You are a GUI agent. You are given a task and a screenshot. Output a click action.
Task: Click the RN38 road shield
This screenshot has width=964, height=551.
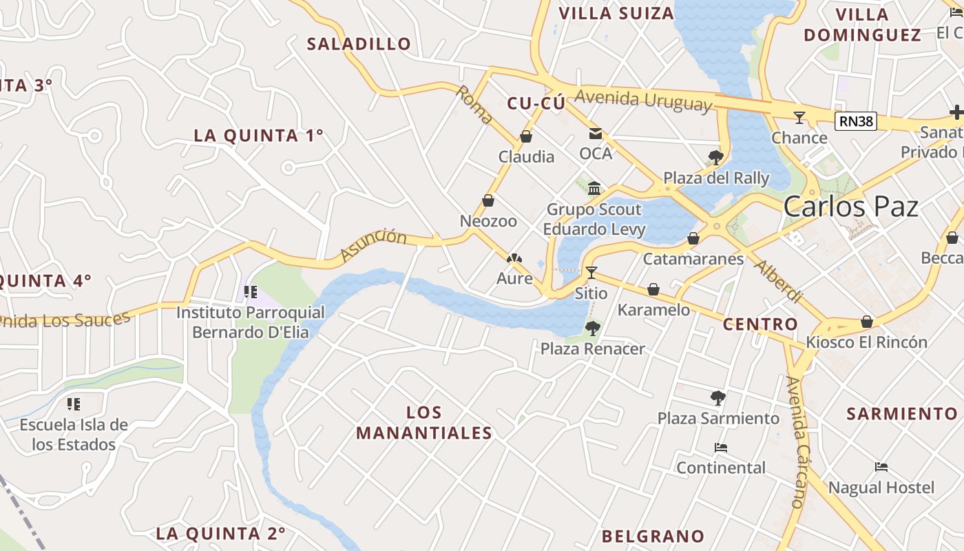point(856,122)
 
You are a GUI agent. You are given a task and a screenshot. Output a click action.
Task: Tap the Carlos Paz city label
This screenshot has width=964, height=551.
point(851,207)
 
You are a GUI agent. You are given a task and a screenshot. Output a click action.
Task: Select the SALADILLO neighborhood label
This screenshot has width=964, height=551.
point(359,44)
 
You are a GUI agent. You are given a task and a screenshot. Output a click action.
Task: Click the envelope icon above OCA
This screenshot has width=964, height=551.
point(595,134)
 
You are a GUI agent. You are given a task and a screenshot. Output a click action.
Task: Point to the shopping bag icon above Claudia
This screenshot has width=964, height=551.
point(526,136)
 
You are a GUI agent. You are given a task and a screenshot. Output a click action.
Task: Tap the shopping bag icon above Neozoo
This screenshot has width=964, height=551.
point(488,200)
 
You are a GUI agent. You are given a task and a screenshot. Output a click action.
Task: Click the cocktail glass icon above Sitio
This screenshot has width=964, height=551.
point(591,272)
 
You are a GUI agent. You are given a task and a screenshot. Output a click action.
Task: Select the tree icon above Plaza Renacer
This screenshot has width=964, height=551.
point(592,329)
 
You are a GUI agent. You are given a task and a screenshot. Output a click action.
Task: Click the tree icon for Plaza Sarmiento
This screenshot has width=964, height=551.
point(717,397)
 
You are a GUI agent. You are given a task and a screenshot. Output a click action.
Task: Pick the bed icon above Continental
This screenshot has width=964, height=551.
point(721,448)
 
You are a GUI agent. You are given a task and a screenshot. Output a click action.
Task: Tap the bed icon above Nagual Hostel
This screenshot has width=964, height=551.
point(881,467)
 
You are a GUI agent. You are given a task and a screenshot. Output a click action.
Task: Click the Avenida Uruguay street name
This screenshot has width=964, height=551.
point(642,101)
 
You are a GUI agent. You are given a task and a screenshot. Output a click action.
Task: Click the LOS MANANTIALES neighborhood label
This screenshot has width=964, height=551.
point(424,422)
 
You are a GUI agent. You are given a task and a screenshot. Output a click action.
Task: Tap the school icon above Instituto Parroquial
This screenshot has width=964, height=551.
point(250,292)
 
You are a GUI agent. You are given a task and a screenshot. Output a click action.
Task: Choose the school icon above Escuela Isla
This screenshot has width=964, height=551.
point(74,404)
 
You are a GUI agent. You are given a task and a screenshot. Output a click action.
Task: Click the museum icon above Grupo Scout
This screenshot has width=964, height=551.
point(594,188)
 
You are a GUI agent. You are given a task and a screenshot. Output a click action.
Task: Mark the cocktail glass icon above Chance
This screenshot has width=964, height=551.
point(799,118)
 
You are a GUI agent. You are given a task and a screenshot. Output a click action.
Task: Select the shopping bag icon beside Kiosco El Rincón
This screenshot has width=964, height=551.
point(867,322)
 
